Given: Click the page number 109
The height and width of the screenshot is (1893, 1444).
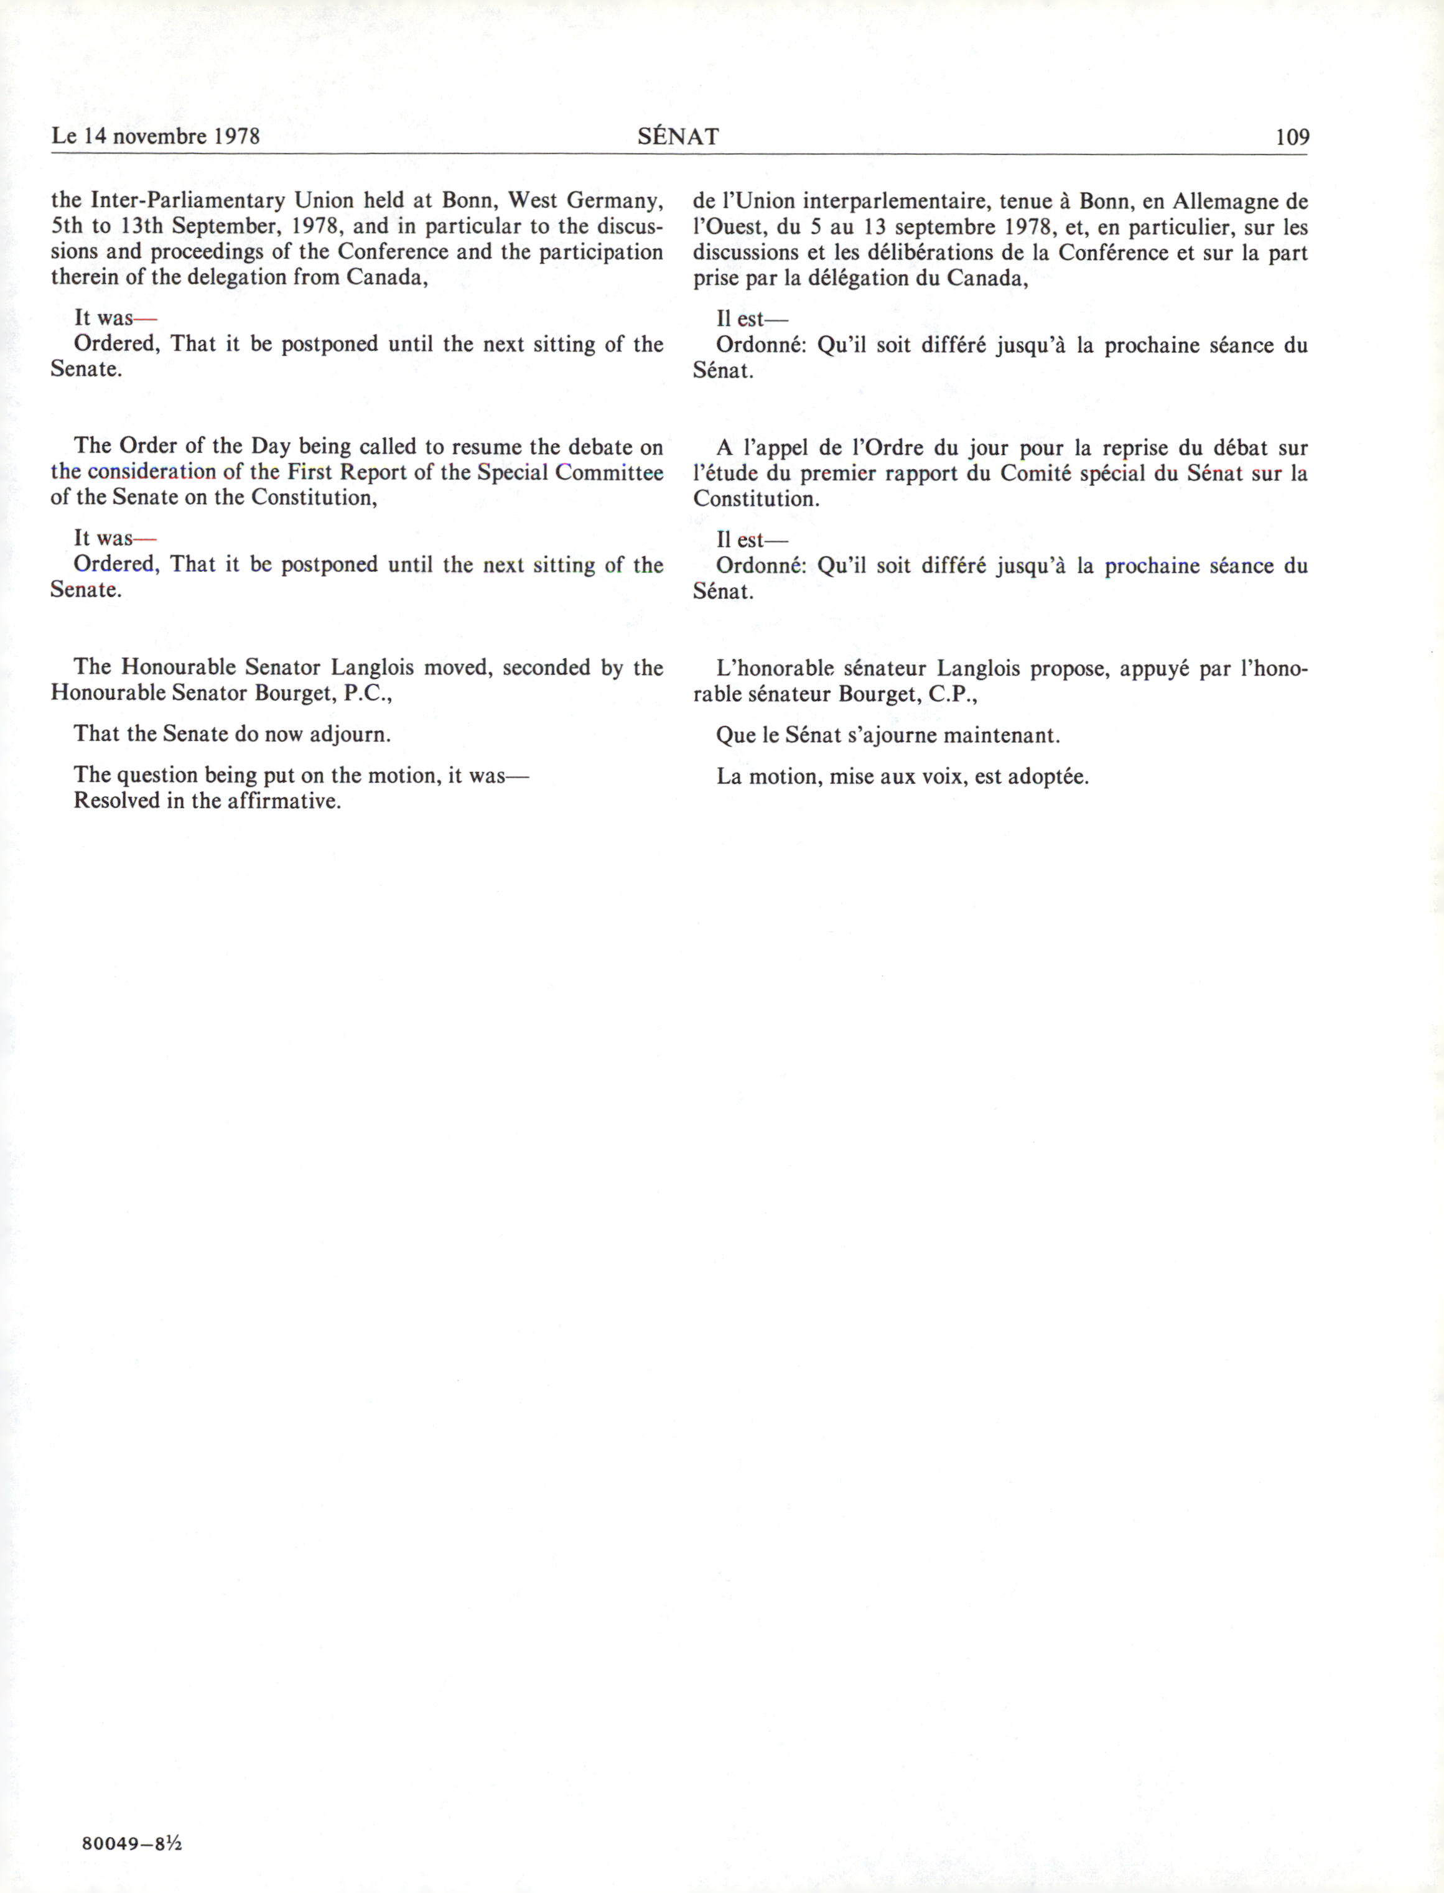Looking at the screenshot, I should tap(1292, 137).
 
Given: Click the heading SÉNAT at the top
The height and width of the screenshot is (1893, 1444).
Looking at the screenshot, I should tap(678, 137).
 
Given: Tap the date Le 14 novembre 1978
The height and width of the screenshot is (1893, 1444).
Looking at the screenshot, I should tap(156, 137).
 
